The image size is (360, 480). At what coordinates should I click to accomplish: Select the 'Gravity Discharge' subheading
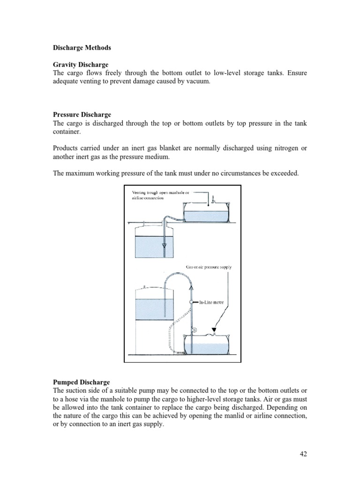[81, 64]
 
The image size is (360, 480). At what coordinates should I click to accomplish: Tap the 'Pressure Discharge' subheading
[82, 115]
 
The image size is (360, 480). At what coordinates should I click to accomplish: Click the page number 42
[302, 454]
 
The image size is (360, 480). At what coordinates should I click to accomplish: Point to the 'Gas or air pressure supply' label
[209, 267]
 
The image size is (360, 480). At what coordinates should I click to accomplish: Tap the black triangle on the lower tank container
[214, 330]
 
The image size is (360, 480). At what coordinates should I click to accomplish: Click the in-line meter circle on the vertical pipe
[192, 302]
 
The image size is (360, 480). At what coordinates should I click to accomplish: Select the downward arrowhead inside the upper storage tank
[165, 245]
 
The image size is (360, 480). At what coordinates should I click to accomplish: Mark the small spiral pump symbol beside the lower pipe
[194, 330]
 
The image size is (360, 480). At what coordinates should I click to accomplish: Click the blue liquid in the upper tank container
[206, 216]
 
